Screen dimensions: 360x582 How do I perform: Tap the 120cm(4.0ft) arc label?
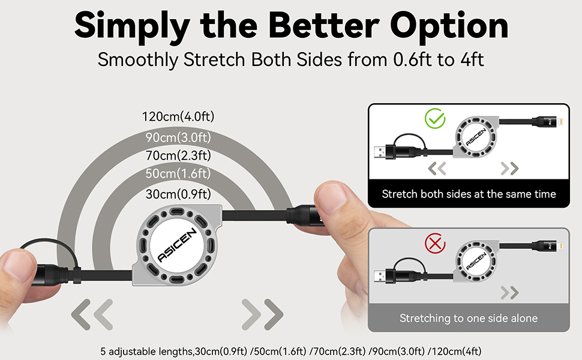tap(178, 117)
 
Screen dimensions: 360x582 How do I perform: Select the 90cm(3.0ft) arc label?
tap(178, 137)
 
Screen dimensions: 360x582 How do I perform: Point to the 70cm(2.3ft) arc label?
tap(178, 156)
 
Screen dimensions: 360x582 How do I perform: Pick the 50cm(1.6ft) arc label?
tap(178, 174)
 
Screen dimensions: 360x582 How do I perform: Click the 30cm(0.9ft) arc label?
tap(178, 194)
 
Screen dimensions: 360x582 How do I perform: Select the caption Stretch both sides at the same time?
tap(469, 194)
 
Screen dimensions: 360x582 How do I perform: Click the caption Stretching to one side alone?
tap(469, 318)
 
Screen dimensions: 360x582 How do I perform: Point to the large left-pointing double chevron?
tap(92, 313)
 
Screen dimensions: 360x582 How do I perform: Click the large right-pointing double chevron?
tap(263, 313)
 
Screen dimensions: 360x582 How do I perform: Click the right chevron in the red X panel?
tap(509, 292)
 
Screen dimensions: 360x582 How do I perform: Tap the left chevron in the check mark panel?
tap(437, 169)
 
